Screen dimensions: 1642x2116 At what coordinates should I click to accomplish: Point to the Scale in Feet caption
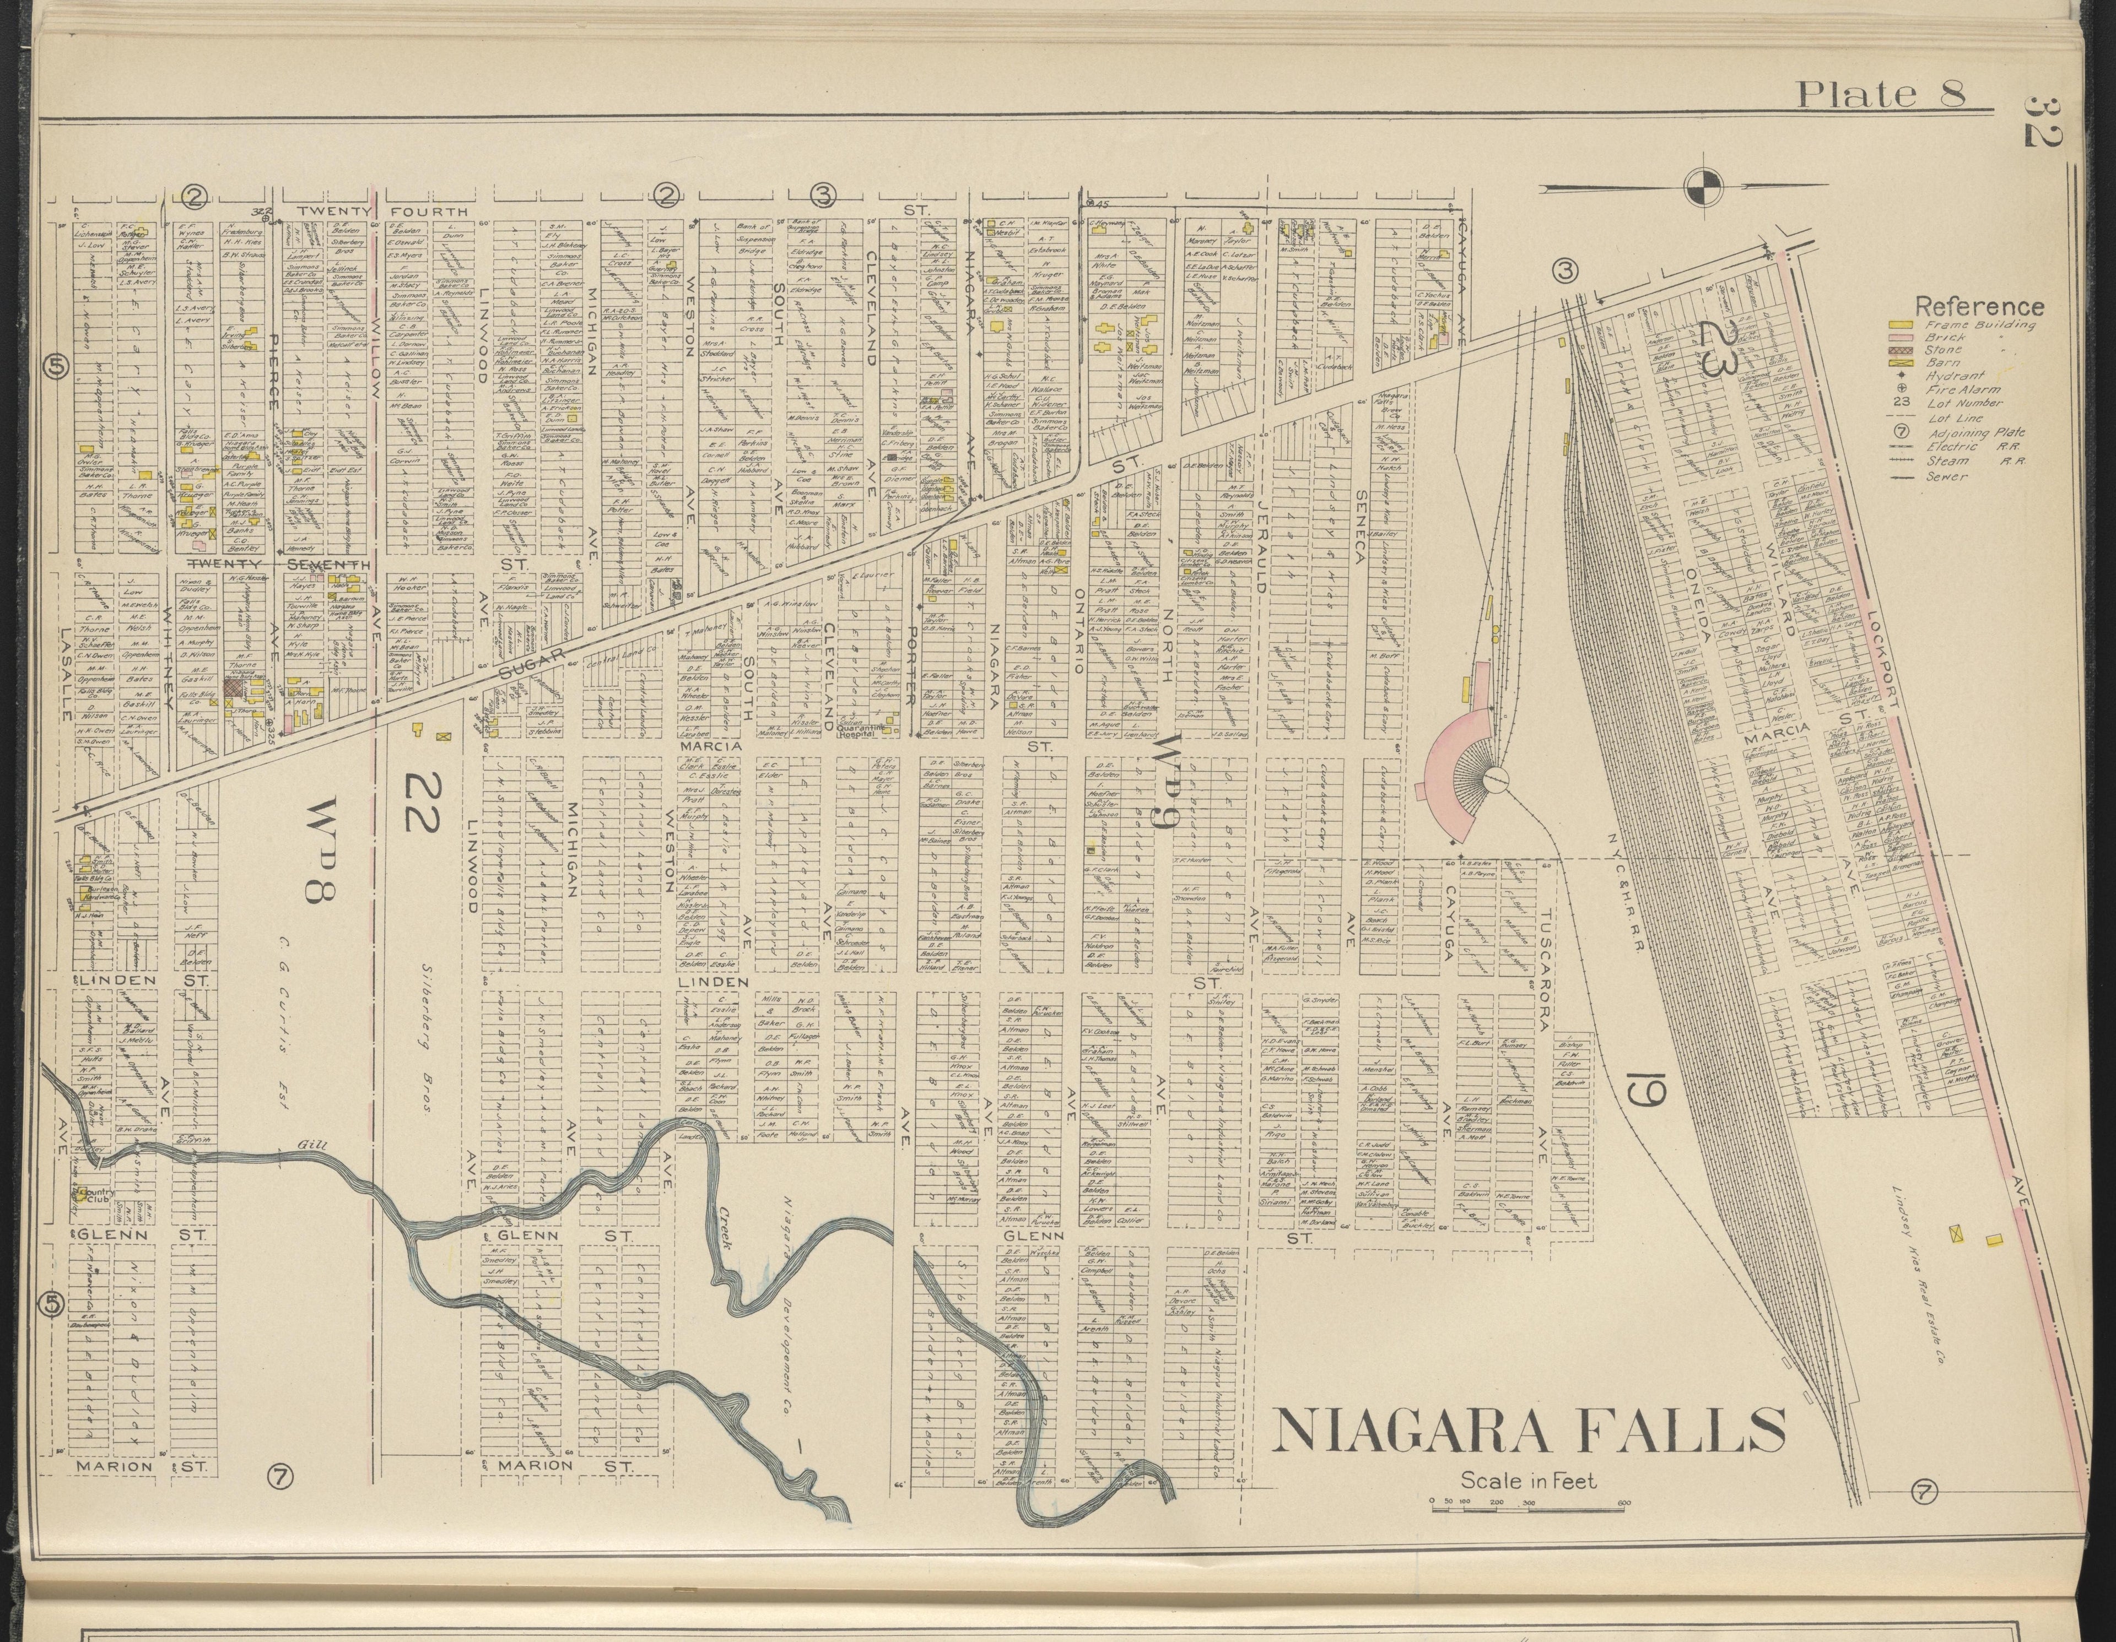coord(1528,1480)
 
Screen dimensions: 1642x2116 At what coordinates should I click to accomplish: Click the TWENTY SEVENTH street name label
coord(278,564)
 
